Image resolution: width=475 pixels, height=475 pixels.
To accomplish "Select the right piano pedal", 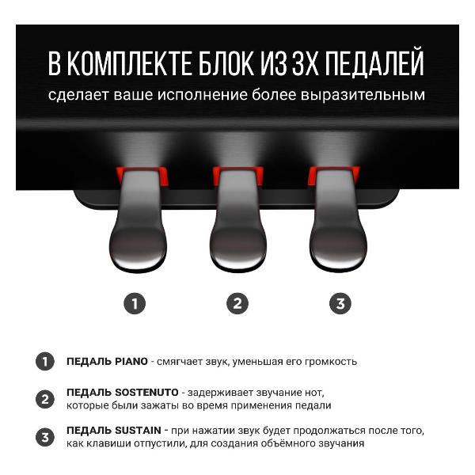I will click(336, 230).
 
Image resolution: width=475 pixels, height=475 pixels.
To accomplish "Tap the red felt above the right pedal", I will click(333, 176).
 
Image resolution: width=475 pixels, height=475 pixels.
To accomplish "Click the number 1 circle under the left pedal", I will click(135, 303).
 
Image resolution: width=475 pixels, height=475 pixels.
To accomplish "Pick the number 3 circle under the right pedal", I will click(340, 303).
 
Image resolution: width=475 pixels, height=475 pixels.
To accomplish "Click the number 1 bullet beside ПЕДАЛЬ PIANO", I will click(45, 362).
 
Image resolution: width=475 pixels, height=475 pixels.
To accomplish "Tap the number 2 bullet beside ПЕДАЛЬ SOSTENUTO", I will click(45, 400).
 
